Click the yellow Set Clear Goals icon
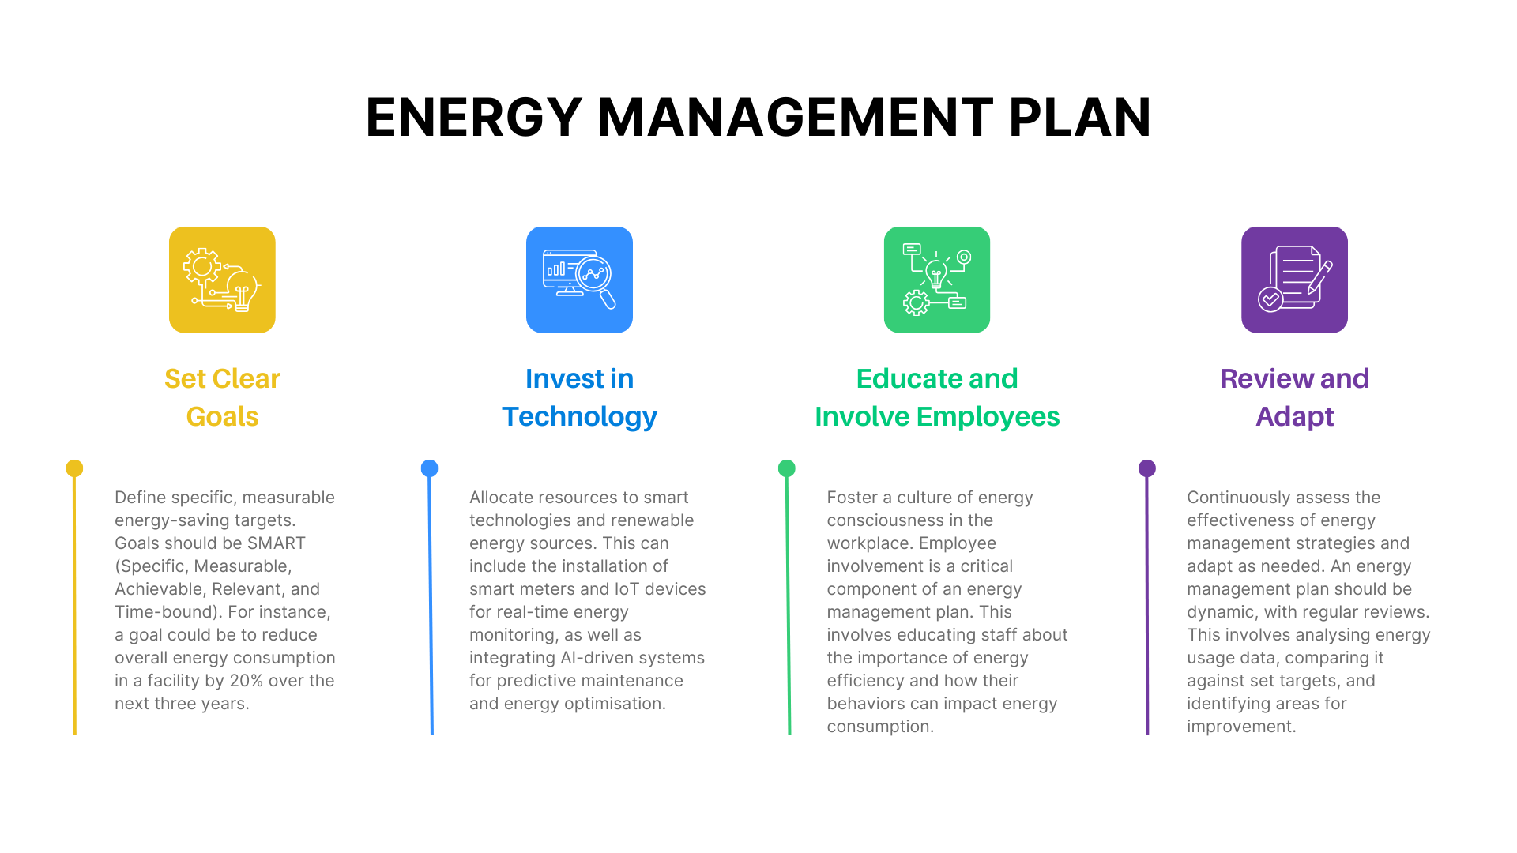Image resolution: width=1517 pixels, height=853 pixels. (x=222, y=280)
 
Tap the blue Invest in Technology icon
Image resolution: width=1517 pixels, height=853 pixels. (x=579, y=280)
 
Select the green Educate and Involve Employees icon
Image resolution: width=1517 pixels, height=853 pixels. (x=936, y=280)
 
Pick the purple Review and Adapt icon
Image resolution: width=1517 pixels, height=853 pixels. (x=1294, y=280)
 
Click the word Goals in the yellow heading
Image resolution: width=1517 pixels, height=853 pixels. (x=222, y=416)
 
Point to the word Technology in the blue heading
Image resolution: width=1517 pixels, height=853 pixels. (x=579, y=416)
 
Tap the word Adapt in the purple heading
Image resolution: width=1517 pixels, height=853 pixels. (x=1294, y=416)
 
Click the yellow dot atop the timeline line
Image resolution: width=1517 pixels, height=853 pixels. (x=74, y=468)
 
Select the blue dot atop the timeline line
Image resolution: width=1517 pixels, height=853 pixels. (x=429, y=468)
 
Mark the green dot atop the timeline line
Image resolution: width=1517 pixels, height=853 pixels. (x=787, y=468)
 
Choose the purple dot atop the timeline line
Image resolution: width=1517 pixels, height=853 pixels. (x=1146, y=468)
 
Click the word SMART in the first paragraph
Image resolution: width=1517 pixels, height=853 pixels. (x=276, y=543)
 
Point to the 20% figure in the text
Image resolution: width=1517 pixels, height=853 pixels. (x=246, y=681)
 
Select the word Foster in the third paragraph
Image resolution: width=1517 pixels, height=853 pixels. (x=852, y=498)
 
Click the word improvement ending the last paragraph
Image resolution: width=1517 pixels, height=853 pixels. (x=1240, y=727)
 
